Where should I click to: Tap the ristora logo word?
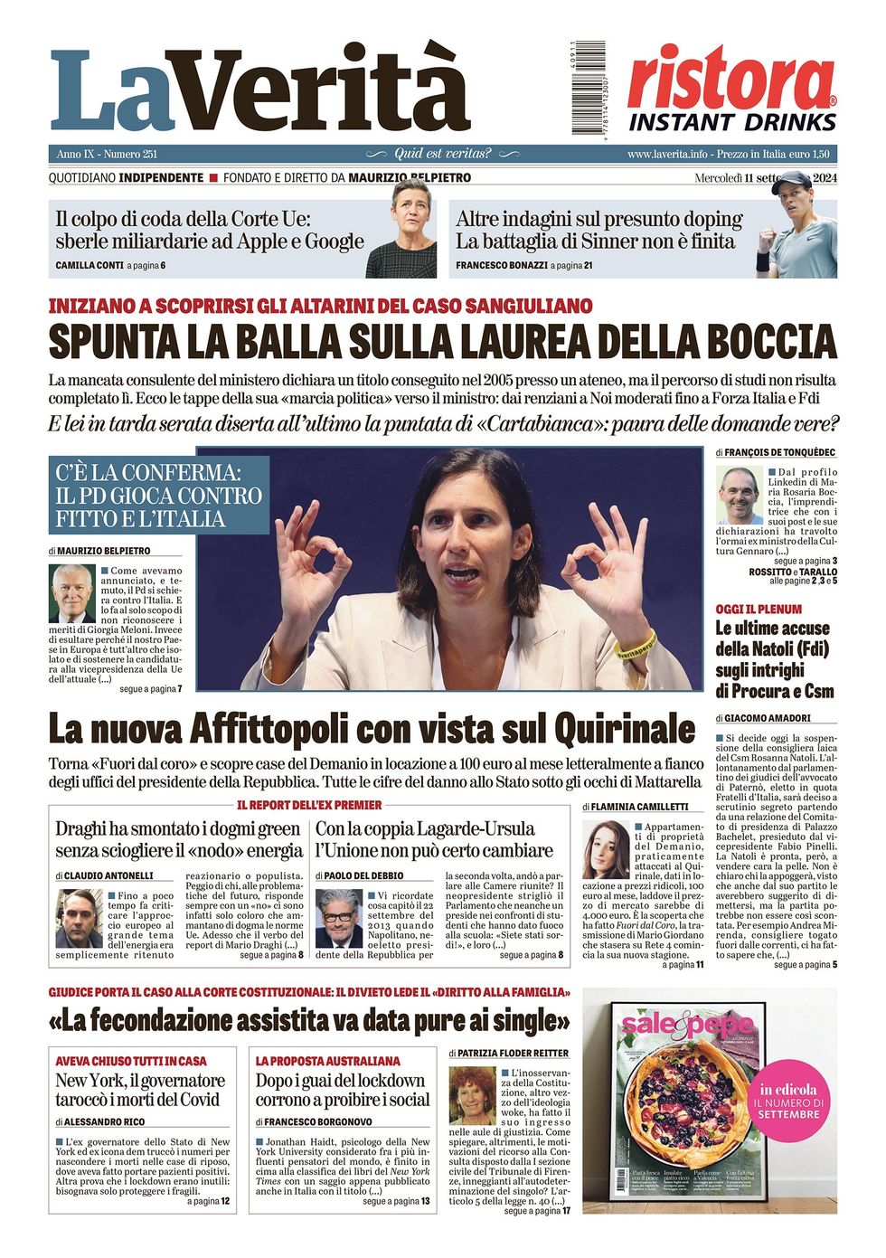click(x=730, y=79)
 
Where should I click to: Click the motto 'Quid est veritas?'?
click(x=443, y=154)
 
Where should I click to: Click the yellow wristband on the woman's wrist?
click(x=635, y=643)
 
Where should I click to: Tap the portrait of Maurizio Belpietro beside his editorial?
click(x=72, y=593)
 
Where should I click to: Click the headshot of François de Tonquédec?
click(x=740, y=495)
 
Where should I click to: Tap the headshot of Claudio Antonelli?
click(x=79, y=917)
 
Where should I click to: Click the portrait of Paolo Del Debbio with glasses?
click(x=338, y=917)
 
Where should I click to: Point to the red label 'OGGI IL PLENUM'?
click(x=759, y=610)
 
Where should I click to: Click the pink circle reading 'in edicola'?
click(x=788, y=1102)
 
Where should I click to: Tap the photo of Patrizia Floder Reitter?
click(x=472, y=1095)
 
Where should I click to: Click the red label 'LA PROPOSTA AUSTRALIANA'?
click(x=327, y=1061)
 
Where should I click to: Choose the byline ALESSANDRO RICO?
click(x=104, y=1121)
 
